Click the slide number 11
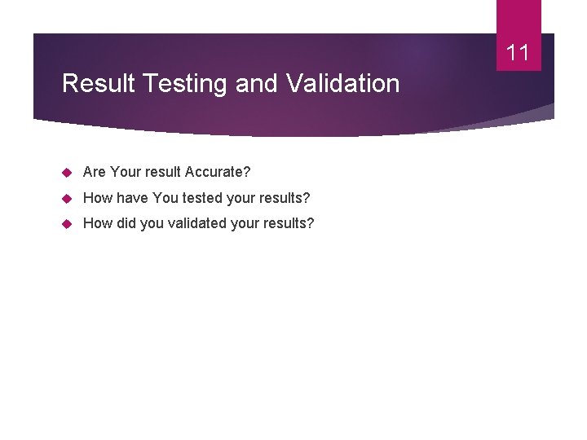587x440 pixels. (x=518, y=54)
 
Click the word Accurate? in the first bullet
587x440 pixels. (x=218, y=172)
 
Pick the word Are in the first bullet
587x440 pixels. (x=95, y=172)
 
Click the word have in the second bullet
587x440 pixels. (x=131, y=198)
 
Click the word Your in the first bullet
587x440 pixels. (x=126, y=172)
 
